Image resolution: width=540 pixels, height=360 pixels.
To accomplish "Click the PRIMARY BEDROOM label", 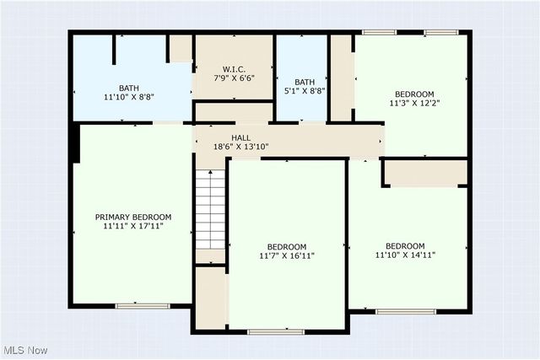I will click(132, 217).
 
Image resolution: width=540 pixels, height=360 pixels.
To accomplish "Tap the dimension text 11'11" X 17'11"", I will click(132, 227).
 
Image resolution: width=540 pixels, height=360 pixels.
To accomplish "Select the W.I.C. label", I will click(234, 68).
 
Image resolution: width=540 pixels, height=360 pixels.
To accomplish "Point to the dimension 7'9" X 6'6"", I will click(234, 78).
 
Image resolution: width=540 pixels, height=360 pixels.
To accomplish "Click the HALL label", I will click(241, 137).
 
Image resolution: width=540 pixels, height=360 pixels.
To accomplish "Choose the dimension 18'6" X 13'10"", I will click(241, 148).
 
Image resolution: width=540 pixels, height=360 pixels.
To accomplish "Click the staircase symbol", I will click(210, 209).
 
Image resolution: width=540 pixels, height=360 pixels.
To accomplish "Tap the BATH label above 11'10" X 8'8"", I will click(129, 88).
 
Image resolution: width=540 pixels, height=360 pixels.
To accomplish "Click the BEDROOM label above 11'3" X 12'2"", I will click(414, 94).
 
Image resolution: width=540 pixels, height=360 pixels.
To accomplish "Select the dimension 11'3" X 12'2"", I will click(414, 104).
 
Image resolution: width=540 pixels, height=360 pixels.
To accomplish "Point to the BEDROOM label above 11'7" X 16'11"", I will click(287, 247).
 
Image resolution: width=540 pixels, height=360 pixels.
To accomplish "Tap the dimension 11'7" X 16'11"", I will click(287, 257).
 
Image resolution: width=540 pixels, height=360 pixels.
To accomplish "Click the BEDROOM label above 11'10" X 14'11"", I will click(406, 246).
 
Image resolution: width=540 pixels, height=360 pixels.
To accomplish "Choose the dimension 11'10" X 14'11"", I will click(406, 256).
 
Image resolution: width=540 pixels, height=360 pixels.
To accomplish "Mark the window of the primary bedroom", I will click(143, 304).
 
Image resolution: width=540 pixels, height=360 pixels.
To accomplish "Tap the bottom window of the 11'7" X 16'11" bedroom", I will click(276, 332).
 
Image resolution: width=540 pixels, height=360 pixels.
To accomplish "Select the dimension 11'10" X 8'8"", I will click(129, 98).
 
